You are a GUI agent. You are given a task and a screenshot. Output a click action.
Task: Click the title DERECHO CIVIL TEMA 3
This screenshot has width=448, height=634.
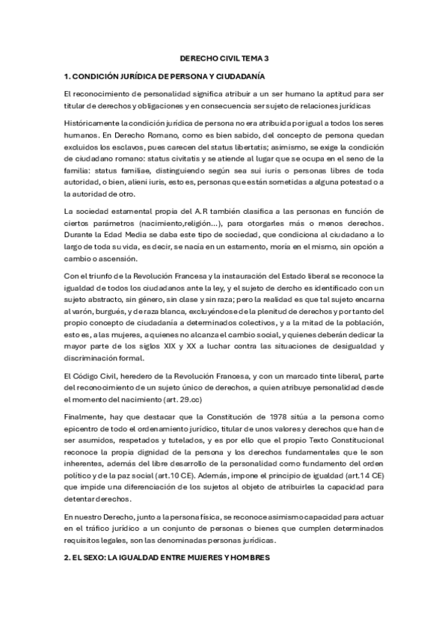coord(224,57)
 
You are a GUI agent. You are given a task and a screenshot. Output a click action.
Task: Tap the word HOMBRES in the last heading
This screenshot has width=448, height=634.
coord(246,558)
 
